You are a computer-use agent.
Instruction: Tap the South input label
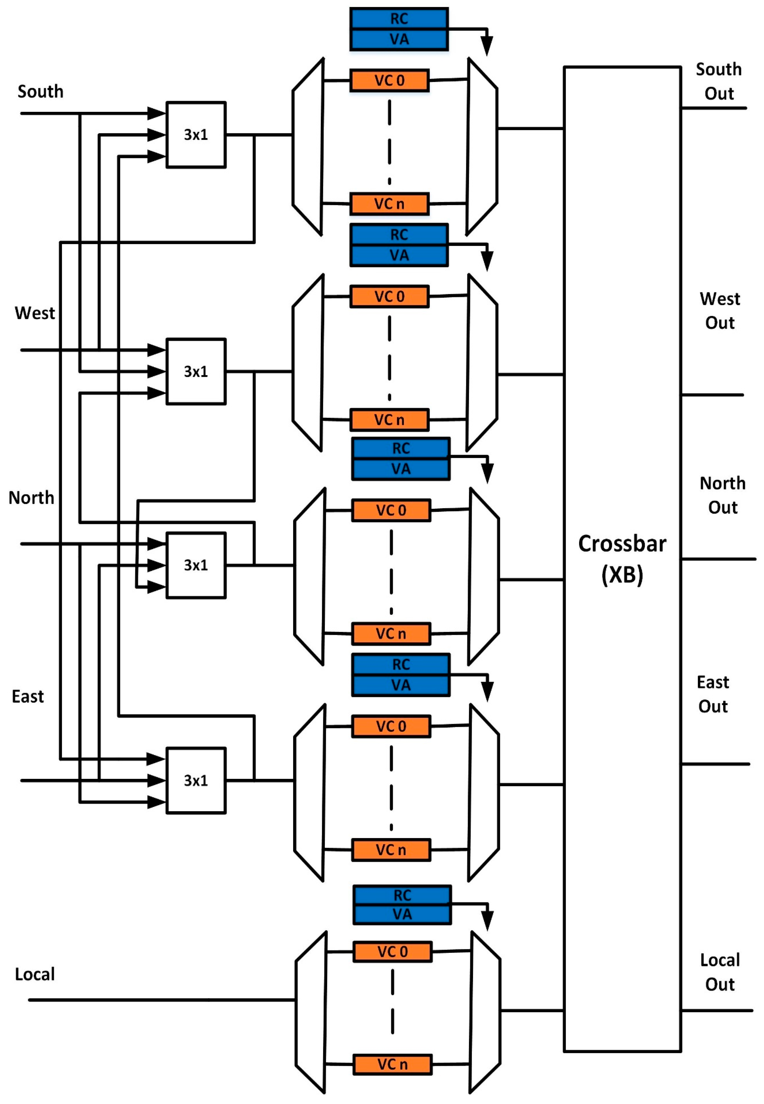40,91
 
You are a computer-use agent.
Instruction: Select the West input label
34,313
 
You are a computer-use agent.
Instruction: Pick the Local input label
35,974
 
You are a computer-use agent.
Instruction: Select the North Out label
722,495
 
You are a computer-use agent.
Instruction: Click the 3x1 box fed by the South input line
196,134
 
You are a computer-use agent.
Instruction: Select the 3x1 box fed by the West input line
196,371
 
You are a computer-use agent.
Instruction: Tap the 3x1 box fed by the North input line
196,565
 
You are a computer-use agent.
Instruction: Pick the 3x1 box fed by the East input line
196,780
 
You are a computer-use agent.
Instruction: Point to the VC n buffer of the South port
389,204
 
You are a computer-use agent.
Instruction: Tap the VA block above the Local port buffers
402,914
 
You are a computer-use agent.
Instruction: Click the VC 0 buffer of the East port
391,726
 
